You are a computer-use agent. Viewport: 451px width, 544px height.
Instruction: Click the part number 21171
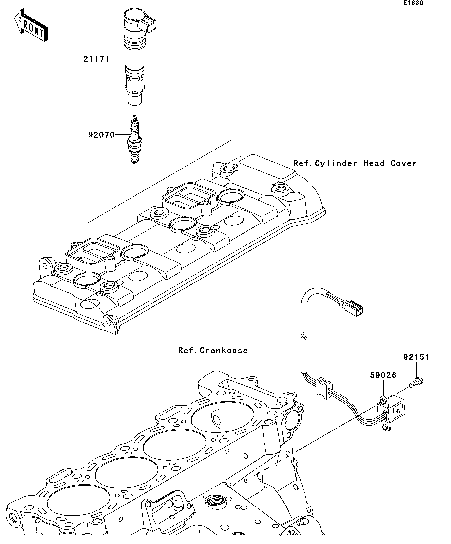coord(96,59)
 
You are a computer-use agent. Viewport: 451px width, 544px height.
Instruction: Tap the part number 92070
coord(101,135)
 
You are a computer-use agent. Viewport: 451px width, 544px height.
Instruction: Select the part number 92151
coord(416,357)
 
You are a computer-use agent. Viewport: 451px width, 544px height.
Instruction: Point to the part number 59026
coord(383,375)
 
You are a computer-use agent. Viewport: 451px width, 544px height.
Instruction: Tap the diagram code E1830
coord(413,3)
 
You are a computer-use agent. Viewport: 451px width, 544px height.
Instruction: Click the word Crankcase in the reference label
coord(224,351)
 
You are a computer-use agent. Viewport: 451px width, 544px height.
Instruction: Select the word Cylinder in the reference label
coord(336,164)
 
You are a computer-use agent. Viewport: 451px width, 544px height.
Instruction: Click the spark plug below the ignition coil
coord(135,140)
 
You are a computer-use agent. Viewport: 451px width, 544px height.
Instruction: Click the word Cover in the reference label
coord(403,164)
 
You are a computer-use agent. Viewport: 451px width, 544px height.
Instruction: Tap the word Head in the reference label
coord(374,164)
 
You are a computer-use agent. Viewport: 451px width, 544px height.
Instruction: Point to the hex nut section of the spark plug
coord(135,143)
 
